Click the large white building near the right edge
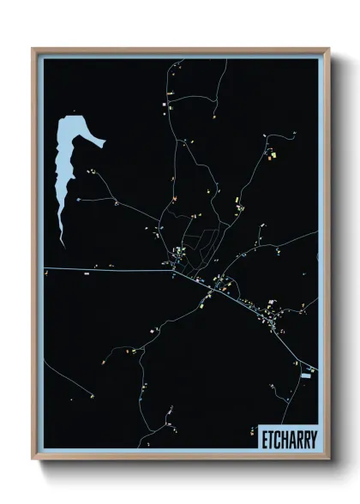pos(307,375)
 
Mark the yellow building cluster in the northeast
pos(274,156)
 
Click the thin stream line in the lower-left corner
pos(64,377)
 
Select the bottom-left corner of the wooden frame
pos(33,459)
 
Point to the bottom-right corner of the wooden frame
pos(328,459)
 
